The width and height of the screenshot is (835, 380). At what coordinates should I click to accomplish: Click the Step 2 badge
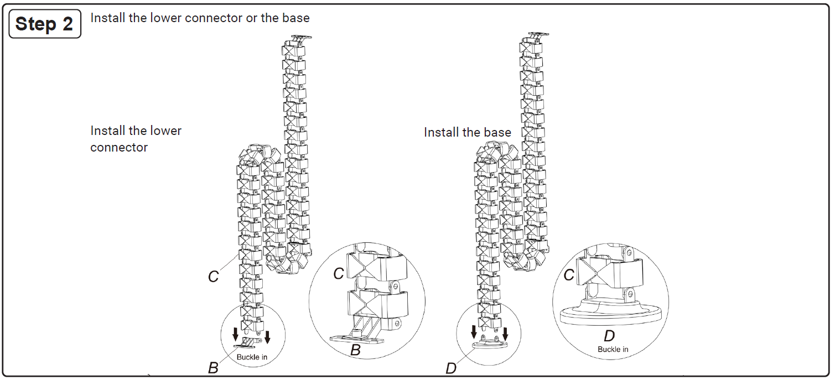click(x=45, y=24)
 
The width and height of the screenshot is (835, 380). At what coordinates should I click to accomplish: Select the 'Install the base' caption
click(x=467, y=132)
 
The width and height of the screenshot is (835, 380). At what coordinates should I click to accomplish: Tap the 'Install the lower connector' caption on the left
click(x=136, y=139)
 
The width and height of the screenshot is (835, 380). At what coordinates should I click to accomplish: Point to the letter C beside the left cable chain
click(x=214, y=277)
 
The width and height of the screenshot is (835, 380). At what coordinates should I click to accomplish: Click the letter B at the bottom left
click(x=213, y=368)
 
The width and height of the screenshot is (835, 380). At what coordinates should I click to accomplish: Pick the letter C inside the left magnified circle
click(x=339, y=273)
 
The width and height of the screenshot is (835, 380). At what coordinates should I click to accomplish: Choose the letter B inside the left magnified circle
click(x=356, y=350)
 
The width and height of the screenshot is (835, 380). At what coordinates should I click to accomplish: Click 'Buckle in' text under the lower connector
click(x=252, y=357)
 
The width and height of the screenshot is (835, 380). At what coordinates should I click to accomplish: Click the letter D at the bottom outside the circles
click(x=451, y=368)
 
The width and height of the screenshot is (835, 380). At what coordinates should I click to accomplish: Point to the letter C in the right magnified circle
click(x=568, y=274)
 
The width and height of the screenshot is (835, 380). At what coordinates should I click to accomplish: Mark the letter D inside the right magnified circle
click(x=609, y=336)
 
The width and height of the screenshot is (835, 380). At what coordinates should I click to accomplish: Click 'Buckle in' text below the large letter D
click(x=613, y=349)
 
